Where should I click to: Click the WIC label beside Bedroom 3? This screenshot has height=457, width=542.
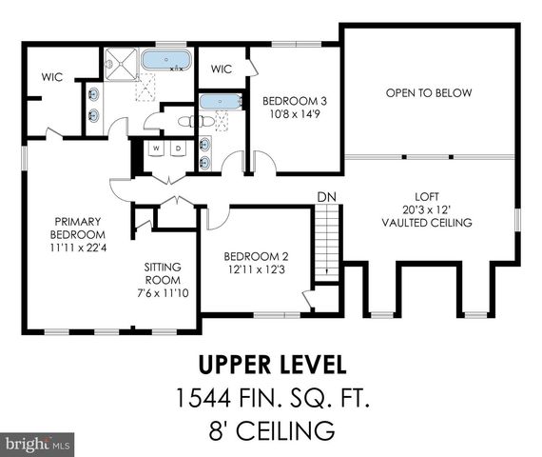222,69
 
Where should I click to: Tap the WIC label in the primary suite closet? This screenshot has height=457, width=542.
51,77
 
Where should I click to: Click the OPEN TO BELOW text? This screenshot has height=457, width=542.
429,92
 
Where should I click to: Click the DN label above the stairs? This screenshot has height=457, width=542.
326,196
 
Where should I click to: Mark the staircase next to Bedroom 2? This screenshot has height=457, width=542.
326,242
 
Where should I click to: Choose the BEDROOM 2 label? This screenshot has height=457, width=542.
254,256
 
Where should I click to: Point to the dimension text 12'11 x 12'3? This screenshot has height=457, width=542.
254,270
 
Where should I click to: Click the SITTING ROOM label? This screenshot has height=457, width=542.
163,274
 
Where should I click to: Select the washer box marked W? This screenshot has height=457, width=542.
156,149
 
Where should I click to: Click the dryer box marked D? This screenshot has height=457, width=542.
177,149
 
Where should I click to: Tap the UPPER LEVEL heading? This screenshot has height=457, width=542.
271,364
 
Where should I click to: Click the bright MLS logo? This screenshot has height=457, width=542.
38,444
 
